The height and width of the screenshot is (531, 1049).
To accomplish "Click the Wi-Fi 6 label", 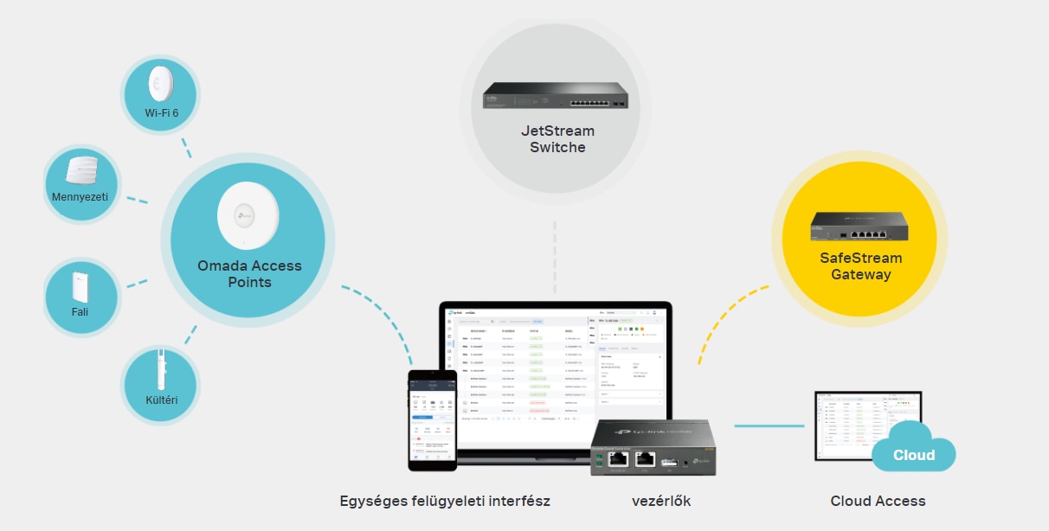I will click(x=161, y=113).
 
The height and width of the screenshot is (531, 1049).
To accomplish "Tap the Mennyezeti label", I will click(x=80, y=197).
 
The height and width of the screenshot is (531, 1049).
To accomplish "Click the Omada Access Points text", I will click(x=249, y=274).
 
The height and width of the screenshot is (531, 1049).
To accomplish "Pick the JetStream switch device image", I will click(x=555, y=95).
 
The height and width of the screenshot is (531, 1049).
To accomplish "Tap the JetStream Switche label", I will click(x=557, y=139).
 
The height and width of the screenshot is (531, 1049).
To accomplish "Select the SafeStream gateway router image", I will click(x=859, y=227).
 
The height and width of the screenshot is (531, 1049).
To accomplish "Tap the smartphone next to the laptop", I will click(x=432, y=420).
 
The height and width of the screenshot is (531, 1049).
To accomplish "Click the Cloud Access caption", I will click(x=878, y=501).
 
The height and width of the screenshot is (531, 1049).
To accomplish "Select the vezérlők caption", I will click(x=661, y=501).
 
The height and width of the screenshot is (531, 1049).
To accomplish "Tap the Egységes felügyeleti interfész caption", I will click(x=445, y=501).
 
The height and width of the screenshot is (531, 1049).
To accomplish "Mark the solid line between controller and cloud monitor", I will click(x=769, y=425).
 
